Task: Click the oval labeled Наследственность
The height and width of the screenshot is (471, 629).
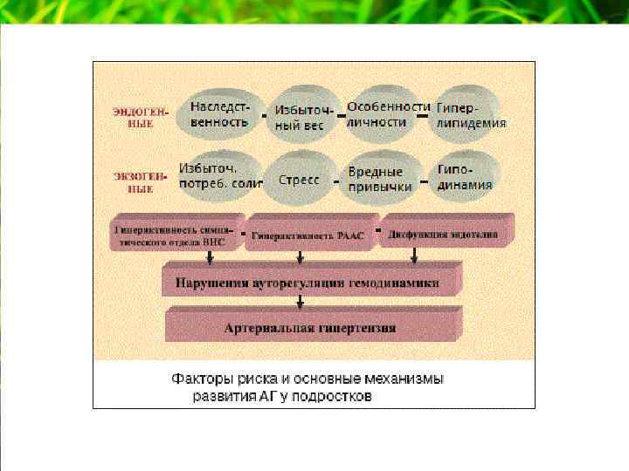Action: tap(219, 113)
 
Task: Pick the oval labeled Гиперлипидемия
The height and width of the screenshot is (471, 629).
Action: tap(470, 114)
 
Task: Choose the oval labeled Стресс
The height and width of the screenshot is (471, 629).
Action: tap(300, 180)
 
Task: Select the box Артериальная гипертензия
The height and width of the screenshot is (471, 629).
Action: tap(309, 328)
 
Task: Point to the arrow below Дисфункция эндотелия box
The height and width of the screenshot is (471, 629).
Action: tap(413, 257)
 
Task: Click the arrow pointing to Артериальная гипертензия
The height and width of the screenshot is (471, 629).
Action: tap(301, 303)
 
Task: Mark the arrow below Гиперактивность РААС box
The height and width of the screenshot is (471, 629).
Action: tap(301, 257)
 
